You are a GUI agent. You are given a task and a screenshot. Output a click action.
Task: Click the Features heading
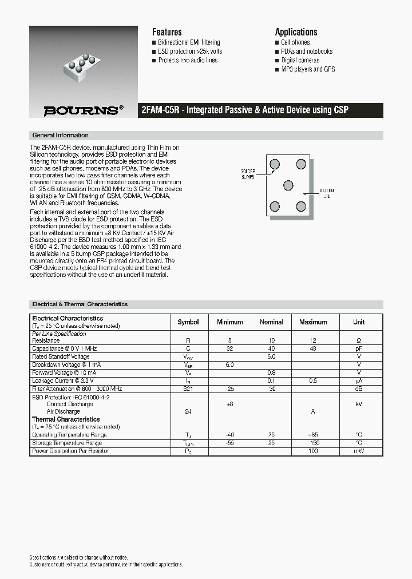pyautogui.click(x=167, y=32)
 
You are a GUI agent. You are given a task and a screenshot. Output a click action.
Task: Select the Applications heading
pyautogui.click(x=296, y=32)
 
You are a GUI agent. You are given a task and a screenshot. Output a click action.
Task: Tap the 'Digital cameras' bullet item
pyautogui.click(x=300, y=60)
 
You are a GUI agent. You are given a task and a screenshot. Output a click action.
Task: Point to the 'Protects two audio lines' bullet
pyautogui.click(x=188, y=60)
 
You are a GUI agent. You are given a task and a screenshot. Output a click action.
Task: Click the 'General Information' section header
pyautogui.click(x=60, y=136)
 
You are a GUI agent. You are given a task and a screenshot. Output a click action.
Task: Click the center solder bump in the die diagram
pyautogui.click(x=288, y=185)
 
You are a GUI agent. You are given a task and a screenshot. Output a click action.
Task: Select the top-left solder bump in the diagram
pyautogui.click(x=275, y=165)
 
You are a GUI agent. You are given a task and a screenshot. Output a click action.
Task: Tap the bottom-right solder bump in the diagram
pyautogui.click(x=302, y=206)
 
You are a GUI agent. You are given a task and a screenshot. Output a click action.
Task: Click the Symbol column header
pyautogui.click(x=188, y=322)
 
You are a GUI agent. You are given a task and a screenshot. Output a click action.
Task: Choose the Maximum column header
pyautogui.click(x=313, y=322)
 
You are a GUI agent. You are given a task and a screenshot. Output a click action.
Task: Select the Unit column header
pyautogui.click(x=359, y=322)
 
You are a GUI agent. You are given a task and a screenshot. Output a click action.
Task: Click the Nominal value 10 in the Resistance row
pyautogui.click(x=271, y=340)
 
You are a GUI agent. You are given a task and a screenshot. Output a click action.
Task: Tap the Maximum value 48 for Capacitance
pyautogui.click(x=313, y=348)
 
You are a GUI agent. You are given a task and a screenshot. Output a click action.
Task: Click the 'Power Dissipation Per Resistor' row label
pyautogui.click(x=70, y=451)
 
